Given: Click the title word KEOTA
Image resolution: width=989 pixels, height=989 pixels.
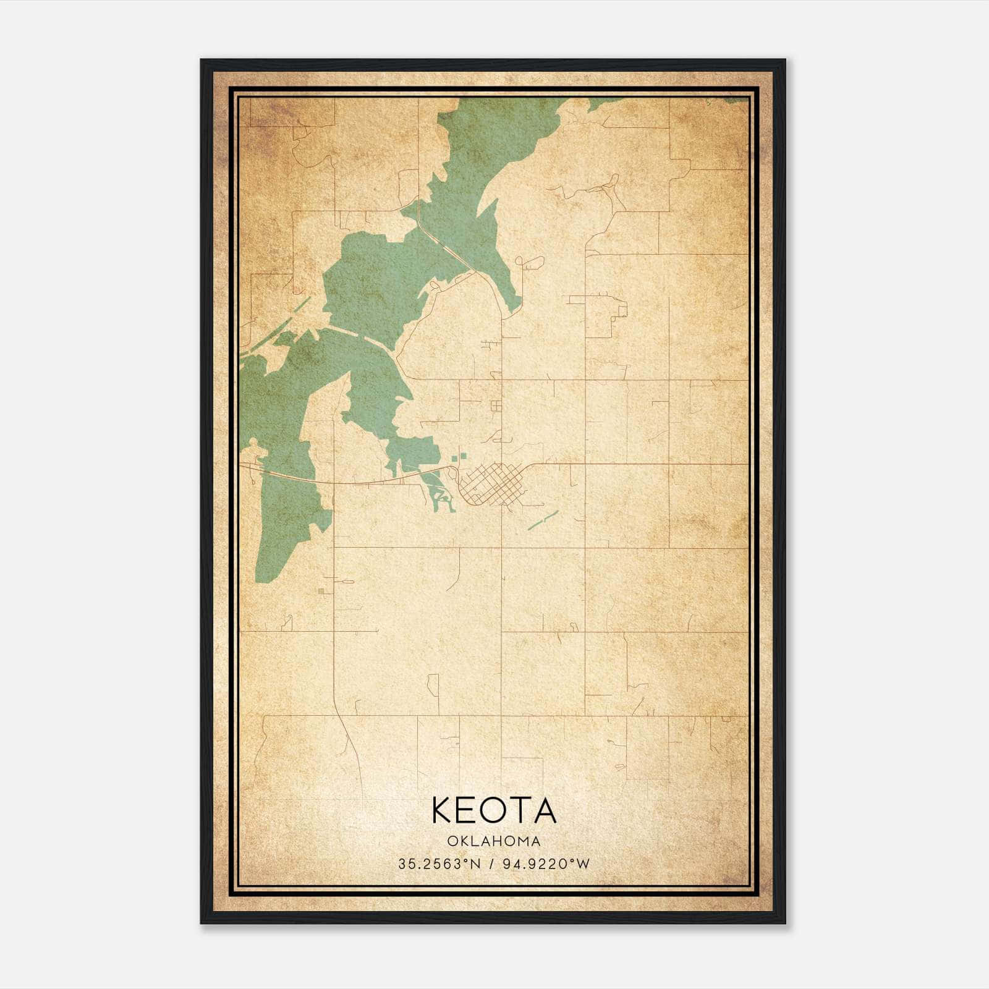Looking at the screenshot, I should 494,810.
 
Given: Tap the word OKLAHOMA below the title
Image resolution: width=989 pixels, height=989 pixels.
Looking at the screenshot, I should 494,841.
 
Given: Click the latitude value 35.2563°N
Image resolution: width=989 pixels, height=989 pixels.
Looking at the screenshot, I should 439,864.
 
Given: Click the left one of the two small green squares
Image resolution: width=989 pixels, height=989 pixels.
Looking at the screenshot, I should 455,459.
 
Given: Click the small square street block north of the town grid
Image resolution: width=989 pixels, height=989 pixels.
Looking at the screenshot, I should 496,406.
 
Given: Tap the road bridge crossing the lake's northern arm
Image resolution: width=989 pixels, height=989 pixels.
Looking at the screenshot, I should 445,247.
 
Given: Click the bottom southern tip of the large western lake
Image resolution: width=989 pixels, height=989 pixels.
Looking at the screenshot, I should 260,578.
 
